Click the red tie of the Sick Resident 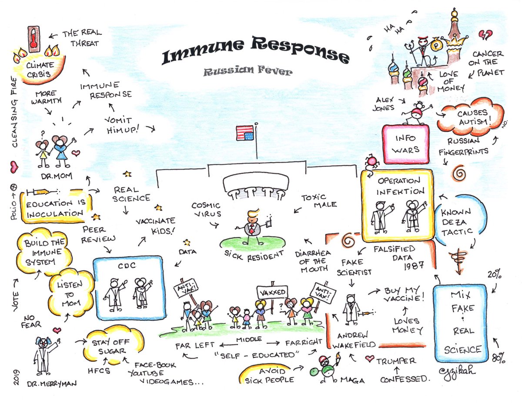(x=251, y=229)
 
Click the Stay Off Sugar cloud (x=111, y=345)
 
